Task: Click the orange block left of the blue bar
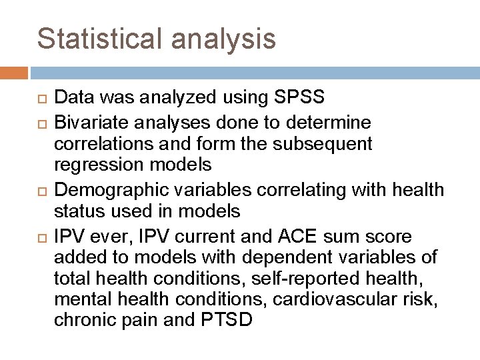tap(14, 72)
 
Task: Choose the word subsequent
tap(330, 144)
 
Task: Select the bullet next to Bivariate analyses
tap(41, 123)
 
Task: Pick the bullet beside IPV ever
tap(41, 237)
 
